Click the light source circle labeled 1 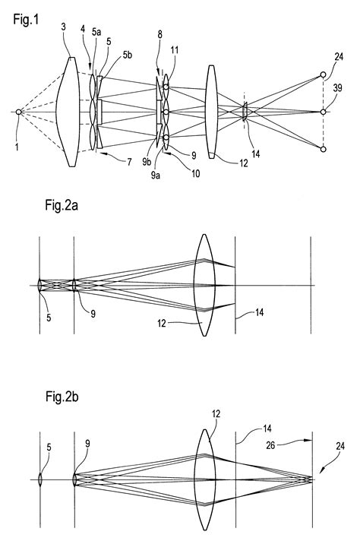(19, 112)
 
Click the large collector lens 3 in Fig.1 (70, 112)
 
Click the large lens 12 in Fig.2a (203, 286)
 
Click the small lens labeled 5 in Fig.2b (40, 479)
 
